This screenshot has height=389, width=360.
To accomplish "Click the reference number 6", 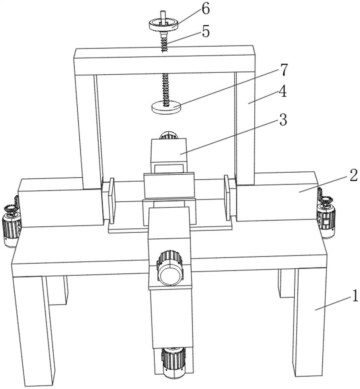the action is pos(205,9).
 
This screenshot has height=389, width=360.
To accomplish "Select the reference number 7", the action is pos(283,70).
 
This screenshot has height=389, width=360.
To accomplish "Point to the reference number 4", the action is pos(283,93).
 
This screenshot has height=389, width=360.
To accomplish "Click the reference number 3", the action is pos(283,121).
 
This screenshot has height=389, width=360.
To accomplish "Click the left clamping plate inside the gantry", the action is pos(112,201).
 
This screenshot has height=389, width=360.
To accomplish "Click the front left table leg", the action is pos(34,327).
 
